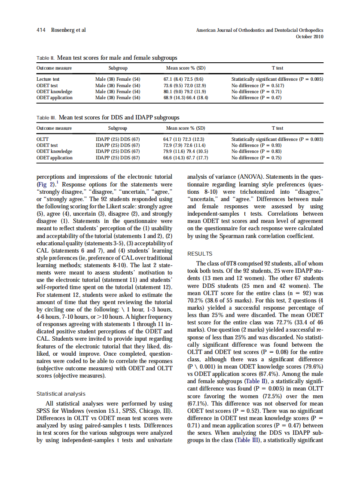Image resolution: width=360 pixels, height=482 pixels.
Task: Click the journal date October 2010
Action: (310, 37)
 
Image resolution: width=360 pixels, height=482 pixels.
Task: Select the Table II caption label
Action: (45, 57)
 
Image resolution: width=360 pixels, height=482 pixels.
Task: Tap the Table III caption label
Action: (46, 117)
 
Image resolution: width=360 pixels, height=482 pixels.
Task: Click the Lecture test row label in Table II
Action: (48, 79)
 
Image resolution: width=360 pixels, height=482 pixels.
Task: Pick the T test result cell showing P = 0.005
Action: (277, 79)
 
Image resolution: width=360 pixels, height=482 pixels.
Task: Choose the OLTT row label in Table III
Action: (43, 139)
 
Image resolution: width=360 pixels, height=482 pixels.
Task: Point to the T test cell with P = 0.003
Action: (277, 139)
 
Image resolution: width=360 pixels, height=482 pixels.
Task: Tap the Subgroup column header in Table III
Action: (117, 128)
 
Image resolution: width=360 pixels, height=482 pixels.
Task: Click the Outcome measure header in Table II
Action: (54, 68)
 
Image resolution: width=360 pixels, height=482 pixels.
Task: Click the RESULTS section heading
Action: (200, 254)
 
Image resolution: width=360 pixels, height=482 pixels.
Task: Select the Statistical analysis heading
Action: (61, 394)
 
